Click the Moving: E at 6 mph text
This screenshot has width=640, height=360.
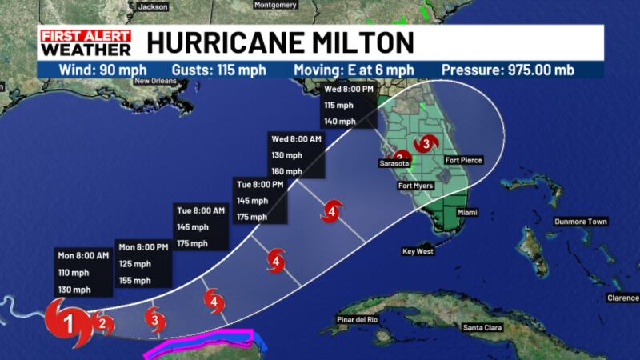click(x=365, y=70)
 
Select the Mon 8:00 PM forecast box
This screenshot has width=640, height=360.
click(x=143, y=263)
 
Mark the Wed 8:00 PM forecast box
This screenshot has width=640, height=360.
click(x=348, y=104)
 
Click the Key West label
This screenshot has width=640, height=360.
click(x=418, y=251)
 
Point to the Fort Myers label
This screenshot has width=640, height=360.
click(x=415, y=186)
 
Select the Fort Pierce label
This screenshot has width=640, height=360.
click(x=464, y=160)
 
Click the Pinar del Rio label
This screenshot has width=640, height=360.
click(x=358, y=320)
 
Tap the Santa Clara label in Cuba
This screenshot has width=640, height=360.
click(x=482, y=327)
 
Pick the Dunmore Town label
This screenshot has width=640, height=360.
click(x=580, y=222)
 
